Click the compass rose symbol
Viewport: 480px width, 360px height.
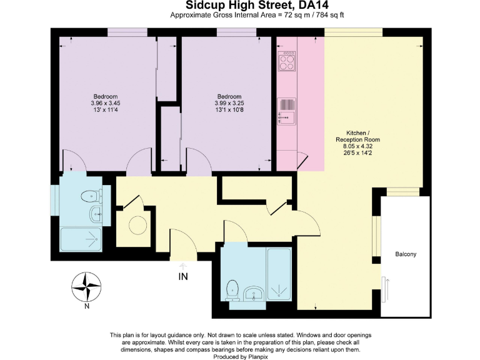pyautogui.click(x=86, y=287)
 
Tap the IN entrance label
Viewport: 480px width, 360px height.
pyautogui.click(x=183, y=277)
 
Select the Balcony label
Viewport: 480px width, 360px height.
pyautogui.click(x=406, y=254)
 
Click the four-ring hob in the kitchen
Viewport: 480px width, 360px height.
pyautogui.click(x=287, y=61)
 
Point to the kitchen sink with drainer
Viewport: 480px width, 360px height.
pyautogui.click(x=286, y=111)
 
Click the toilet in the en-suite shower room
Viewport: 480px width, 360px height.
pyautogui.click(x=91, y=196)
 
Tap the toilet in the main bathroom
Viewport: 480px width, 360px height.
pyautogui.click(x=232, y=290)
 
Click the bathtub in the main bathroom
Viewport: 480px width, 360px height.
pyautogui.click(x=279, y=274)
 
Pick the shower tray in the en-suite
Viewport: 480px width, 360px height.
pyautogui.click(x=81, y=239)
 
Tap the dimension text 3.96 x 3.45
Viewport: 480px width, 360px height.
pyautogui.click(x=106, y=103)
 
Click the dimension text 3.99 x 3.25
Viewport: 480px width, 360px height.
pyautogui.click(x=229, y=103)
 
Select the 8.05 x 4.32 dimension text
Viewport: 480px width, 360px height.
pyautogui.click(x=358, y=146)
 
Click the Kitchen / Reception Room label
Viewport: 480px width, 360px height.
pyautogui.click(x=358, y=136)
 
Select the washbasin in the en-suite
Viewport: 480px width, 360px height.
pyautogui.click(x=97, y=212)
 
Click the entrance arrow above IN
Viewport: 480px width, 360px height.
pyautogui.click(x=183, y=266)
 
